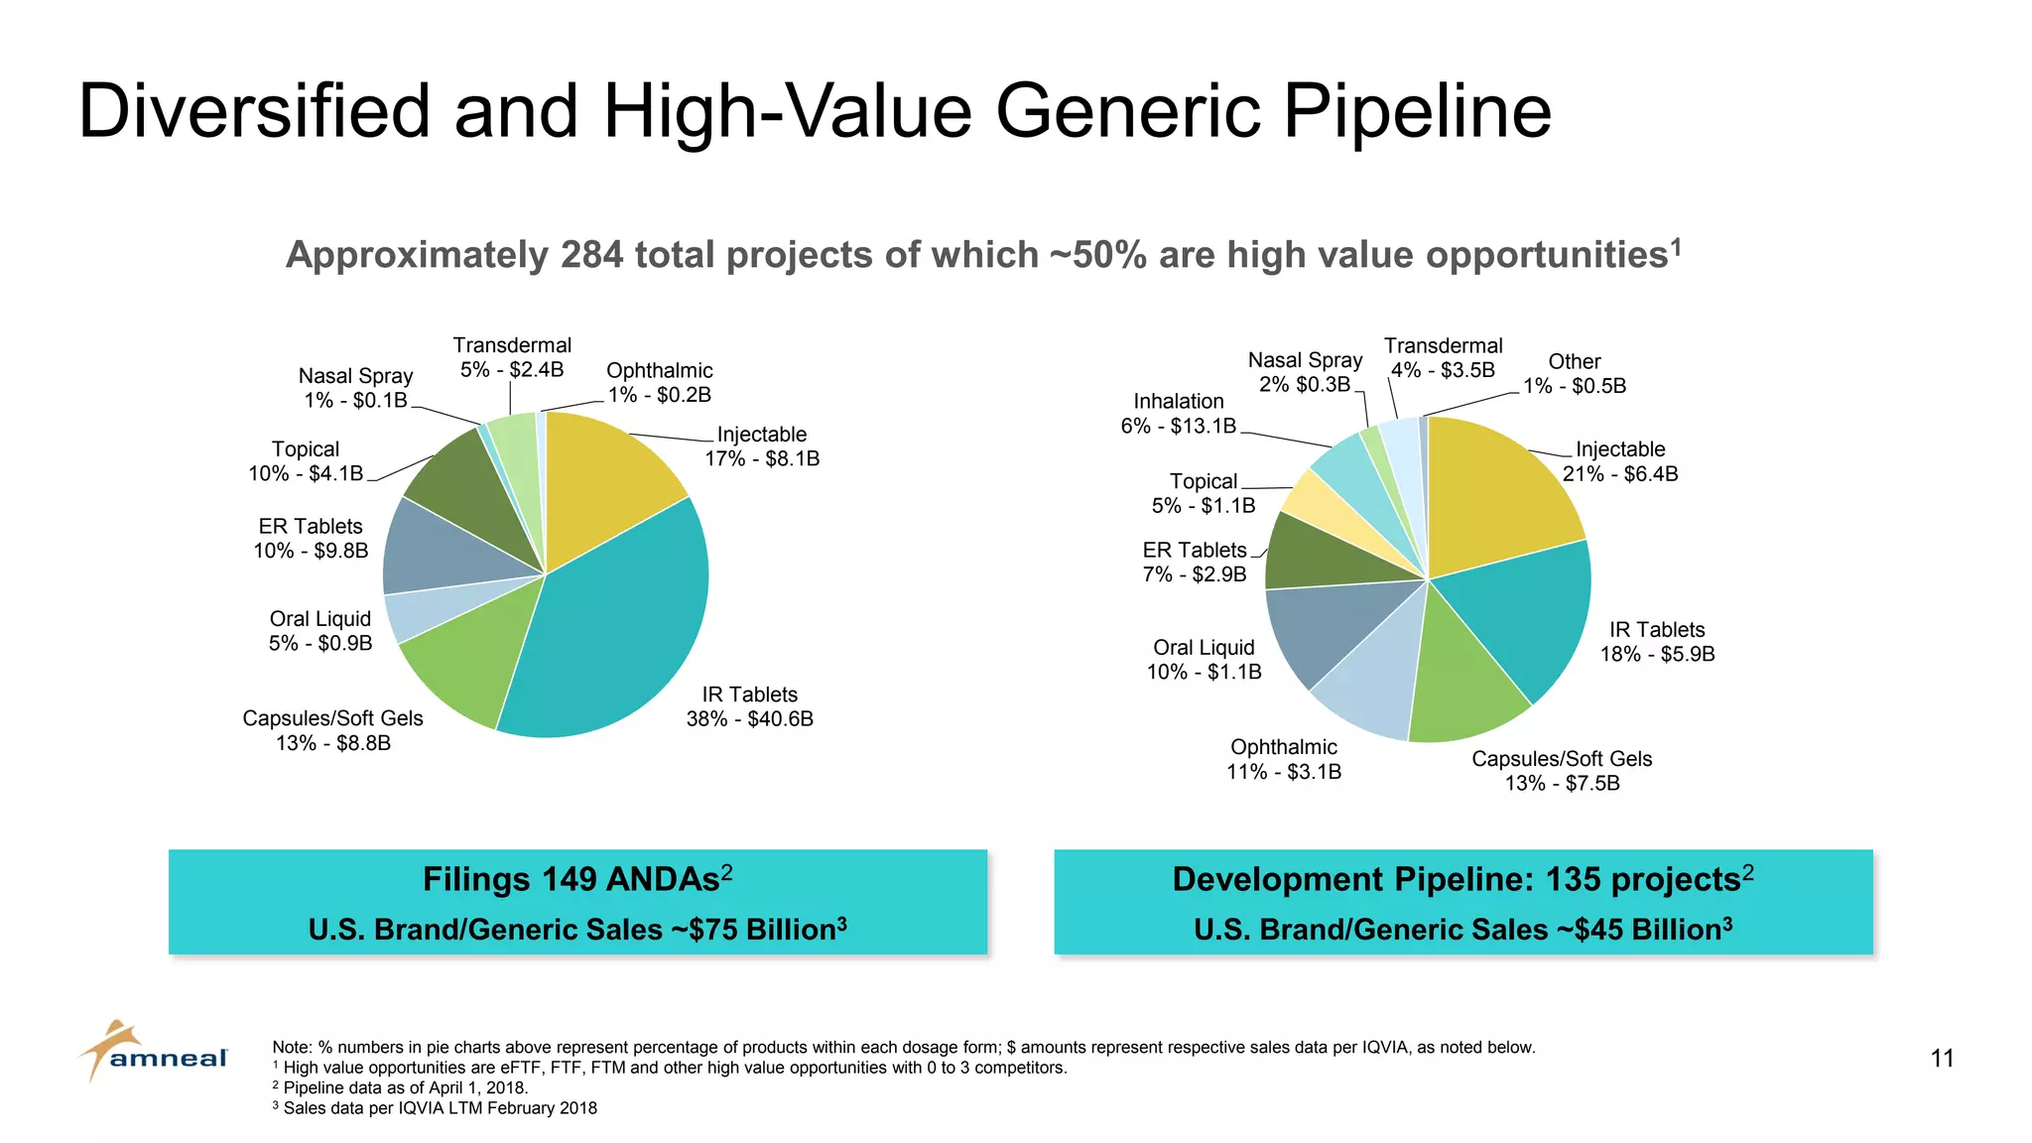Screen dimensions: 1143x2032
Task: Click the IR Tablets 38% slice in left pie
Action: pyautogui.click(x=615, y=635)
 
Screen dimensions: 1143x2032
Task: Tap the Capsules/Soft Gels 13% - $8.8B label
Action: pyautogui.click(x=333, y=731)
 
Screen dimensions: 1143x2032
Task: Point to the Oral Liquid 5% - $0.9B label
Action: pyautogui.click(x=320, y=631)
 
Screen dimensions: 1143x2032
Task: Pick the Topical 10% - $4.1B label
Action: pyautogui.click(x=306, y=461)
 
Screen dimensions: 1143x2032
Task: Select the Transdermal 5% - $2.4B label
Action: pyautogui.click(x=512, y=357)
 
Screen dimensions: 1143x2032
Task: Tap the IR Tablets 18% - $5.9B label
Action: pyautogui.click(x=1657, y=642)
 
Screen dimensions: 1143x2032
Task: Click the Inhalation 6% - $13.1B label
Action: pyautogui.click(x=1179, y=414)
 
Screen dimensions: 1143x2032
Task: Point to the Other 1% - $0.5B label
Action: pyautogui.click(x=1575, y=374)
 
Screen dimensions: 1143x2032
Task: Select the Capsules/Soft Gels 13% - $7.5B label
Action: pyautogui.click(x=1562, y=771)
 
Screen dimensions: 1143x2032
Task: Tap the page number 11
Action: pyautogui.click(x=1942, y=1059)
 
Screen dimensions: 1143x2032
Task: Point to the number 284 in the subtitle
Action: pyautogui.click(x=591, y=255)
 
